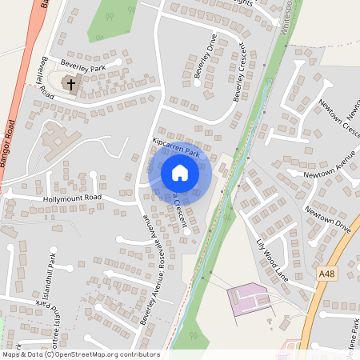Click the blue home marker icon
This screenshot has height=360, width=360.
tap(180, 173)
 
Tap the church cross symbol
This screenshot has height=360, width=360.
tap(70, 83)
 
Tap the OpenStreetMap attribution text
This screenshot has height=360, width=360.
tap(80, 354)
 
